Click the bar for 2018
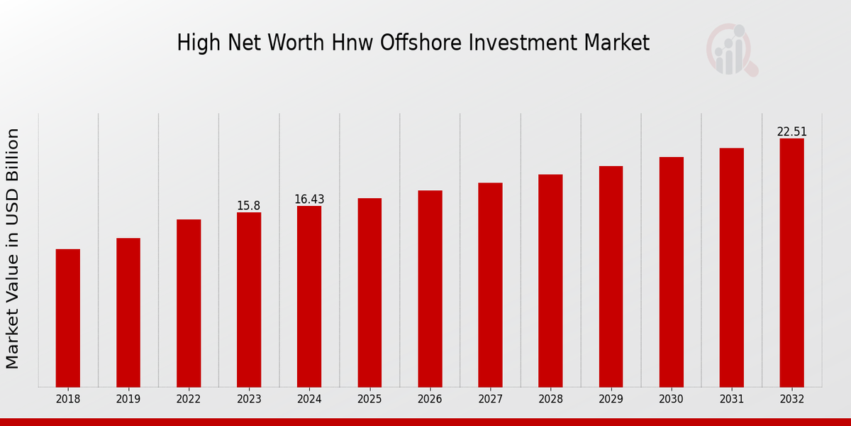tap(68, 318)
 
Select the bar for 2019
tap(128, 312)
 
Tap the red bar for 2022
tap(189, 303)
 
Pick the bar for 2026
tap(430, 288)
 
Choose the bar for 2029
tap(611, 276)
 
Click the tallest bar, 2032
tap(791, 263)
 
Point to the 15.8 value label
tap(249, 206)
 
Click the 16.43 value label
tap(309, 200)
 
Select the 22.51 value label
tap(791, 132)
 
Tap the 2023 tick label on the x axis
tap(249, 400)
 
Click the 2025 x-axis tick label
tap(369, 400)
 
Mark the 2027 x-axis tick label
tap(490, 400)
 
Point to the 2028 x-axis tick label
tap(550, 400)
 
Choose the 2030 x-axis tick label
tap(671, 400)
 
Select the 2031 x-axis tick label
tap(731, 400)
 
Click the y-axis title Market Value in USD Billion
tap(13, 248)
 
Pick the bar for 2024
tap(309, 296)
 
